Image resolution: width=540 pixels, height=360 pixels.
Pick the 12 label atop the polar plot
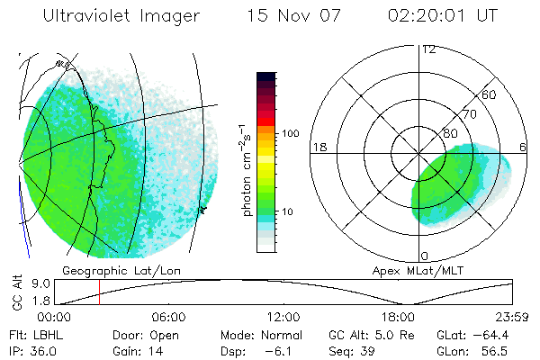429,49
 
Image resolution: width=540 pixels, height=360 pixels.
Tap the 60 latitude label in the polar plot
490,94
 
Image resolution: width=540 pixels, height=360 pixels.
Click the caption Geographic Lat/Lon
107,270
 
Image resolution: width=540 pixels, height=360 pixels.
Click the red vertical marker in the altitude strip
99,292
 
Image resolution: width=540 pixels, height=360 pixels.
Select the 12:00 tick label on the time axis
283,317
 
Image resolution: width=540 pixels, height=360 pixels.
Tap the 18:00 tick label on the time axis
398,317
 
